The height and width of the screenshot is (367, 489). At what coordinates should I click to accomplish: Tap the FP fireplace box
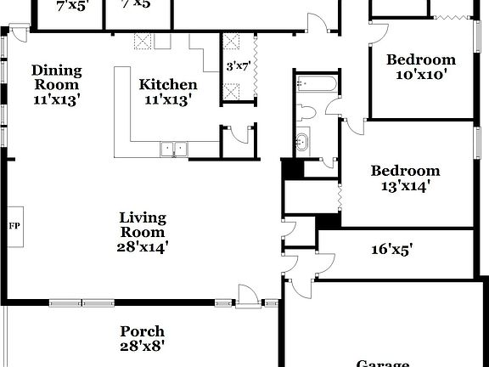pyautogui.click(x=14, y=226)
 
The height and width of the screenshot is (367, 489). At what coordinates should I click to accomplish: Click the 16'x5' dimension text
pyautogui.click(x=391, y=249)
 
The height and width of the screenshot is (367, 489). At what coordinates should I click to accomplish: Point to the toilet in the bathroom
pyautogui.click(x=306, y=111)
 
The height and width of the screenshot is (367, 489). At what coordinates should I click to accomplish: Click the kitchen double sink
pyautogui.click(x=174, y=149)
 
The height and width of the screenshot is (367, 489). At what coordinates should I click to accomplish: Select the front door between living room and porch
pyautogui.click(x=247, y=297)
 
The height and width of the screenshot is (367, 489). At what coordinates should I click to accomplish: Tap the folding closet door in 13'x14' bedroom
pyautogui.click(x=340, y=196)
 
